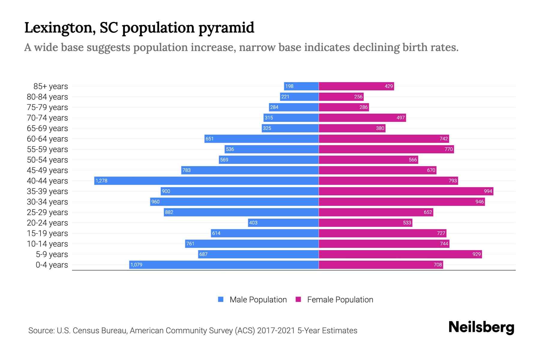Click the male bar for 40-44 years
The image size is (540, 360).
pos(206,181)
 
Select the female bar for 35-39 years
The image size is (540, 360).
pos(406,191)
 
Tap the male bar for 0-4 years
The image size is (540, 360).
pos(224,265)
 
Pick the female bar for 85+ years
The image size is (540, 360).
pos(356,86)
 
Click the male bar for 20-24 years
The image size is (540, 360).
pos(283,223)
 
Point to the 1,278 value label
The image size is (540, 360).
pos(101,181)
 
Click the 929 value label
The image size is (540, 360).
pos(476,254)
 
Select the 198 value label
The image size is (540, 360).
pos(289,86)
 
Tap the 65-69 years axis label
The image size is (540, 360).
pos(47,128)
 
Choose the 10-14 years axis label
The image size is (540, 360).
pos(47,244)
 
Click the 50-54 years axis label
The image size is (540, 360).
pos(47,160)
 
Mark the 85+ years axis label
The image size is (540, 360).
pos(51,86)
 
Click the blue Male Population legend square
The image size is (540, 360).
pos(221,299)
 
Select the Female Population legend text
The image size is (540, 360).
pos(340,299)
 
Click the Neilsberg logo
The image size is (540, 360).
pos(481,327)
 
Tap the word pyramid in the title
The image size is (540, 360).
pos(226,28)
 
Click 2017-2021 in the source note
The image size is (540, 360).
pos(276,331)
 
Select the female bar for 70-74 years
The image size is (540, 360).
pos(362,118)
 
